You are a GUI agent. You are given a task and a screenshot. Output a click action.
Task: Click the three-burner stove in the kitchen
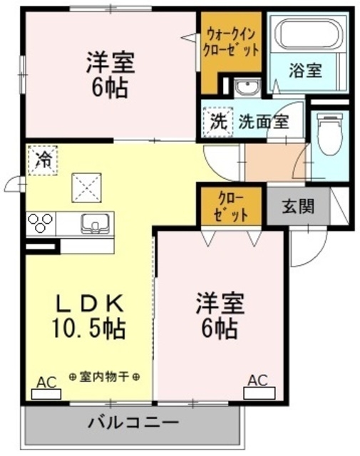click(40, 224)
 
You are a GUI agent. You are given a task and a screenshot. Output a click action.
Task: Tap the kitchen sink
click(93, 223)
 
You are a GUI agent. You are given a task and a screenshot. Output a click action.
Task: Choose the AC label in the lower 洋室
click(257, 380)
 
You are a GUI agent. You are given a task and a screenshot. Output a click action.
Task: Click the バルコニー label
click(133, 422)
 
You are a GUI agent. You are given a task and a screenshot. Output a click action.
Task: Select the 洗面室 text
click(263, 121)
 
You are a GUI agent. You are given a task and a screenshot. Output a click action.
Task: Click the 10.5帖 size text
click(91, 329)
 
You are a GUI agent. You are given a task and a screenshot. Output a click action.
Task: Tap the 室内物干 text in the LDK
click(104, 377)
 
